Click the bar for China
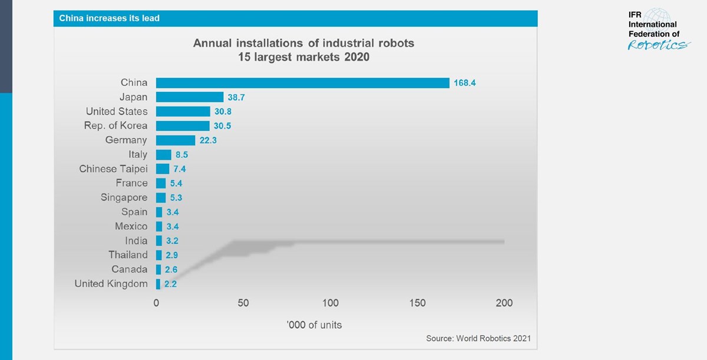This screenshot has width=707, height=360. [302, 82]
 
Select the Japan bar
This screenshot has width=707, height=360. [190, 97]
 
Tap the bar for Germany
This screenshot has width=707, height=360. [176, 140]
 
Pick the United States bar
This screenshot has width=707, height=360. [183, 111]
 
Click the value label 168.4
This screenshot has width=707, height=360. [464, 83]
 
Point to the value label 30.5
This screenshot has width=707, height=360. [223, 126]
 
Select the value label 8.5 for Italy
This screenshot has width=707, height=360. [181, 155]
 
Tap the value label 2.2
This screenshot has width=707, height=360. [170, 284]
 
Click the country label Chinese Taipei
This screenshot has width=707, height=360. [113, 169]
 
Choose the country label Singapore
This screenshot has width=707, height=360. [124, 197]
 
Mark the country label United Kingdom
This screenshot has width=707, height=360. [111, 284]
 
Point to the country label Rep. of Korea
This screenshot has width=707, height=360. [116, 125]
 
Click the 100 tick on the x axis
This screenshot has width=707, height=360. [331, 303]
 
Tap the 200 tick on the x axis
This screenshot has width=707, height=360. [504, 303]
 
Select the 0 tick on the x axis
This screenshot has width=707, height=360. [156, 303]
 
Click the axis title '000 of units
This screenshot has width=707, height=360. [314, 325]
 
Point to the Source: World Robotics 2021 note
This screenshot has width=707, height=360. [478, 338]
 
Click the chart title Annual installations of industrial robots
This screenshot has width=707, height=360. [303, 44]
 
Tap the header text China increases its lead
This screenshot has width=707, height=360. [110, 18]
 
